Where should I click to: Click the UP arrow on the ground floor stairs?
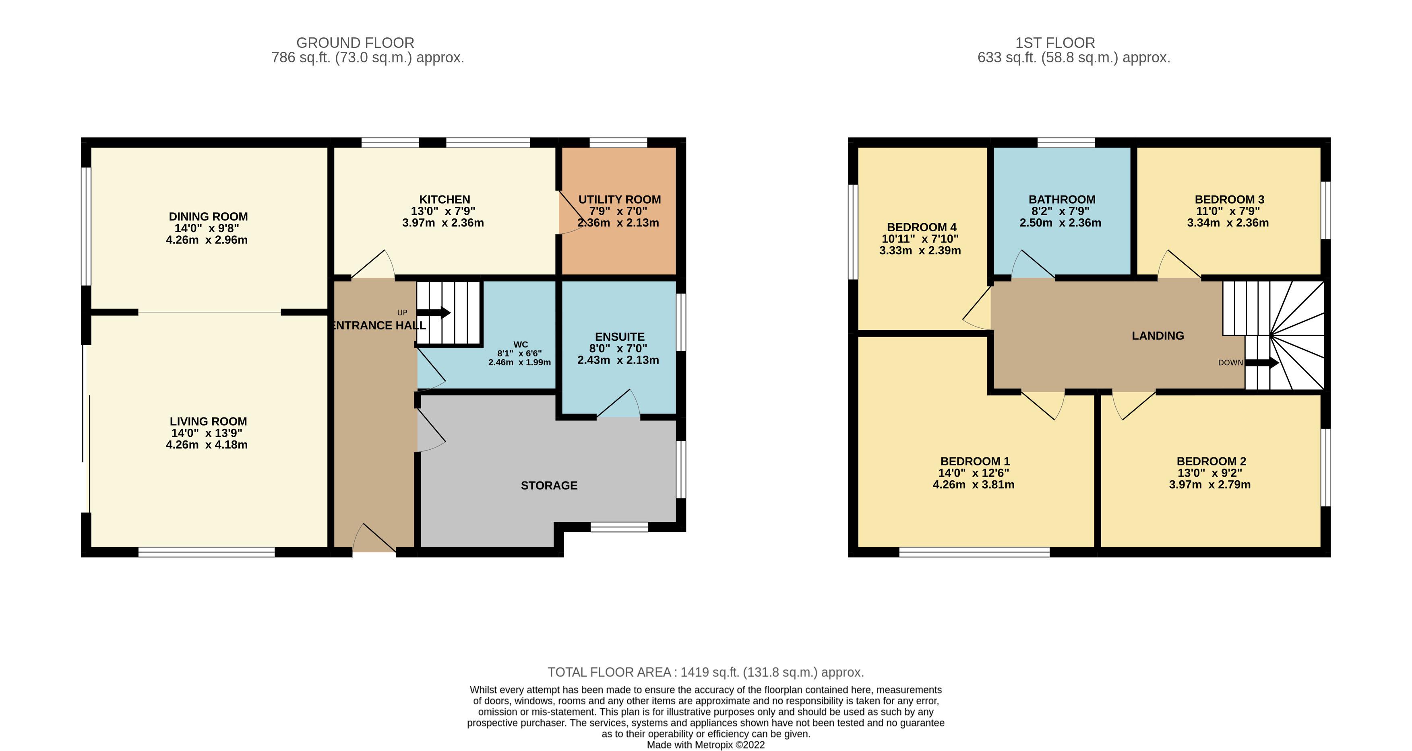[x=434, y=313]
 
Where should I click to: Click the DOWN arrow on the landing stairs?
[x=1262, y=362]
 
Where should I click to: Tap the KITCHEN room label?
[x=444, y=200]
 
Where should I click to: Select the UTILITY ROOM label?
[x=619, y=200]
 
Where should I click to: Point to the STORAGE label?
[x=549, y=486]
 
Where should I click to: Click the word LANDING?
[x=1158, y=336]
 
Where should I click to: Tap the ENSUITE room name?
[x=619, y=337]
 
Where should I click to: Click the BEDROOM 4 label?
[x=922, y=227]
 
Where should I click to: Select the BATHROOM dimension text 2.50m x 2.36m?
[x=1060, y=223]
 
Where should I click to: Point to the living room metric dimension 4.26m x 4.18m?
[x=207, y=445]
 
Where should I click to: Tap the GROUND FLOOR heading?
[x=355, y=43]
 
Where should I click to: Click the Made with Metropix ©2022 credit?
[x=705, y=745]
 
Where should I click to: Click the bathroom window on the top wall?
[x=1066, y=142]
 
